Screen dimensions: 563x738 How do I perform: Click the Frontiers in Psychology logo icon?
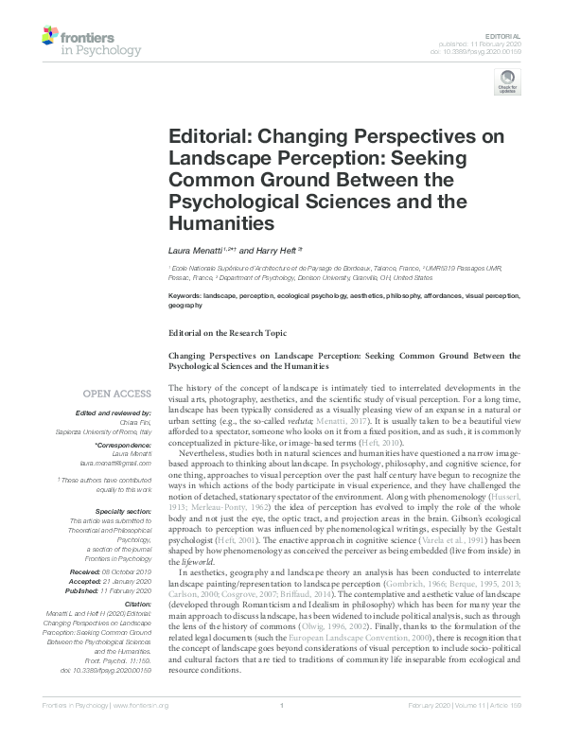tap(52, 39)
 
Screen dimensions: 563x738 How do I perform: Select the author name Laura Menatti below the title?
tap(195, 251)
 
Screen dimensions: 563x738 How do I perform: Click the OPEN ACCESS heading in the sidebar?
tap(117, 393)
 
